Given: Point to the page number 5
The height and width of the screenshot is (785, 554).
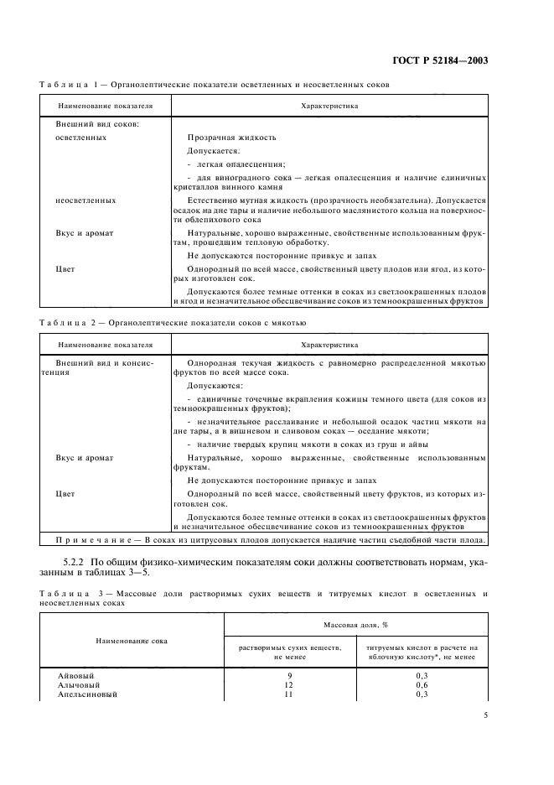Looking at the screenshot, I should pyautogui.click(x=484, y=715).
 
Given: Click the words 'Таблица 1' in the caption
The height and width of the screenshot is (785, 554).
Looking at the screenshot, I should pyautogui.click(x=69, y=85).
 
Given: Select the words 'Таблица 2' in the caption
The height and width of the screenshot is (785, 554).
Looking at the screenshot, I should pyautogui.click(x=69, y=322).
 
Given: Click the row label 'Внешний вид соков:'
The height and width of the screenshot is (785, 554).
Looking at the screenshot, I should pyautogui.click(x=91, y=124).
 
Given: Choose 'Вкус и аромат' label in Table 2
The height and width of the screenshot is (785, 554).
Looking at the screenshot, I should pyautogui.click(x=85, y=458).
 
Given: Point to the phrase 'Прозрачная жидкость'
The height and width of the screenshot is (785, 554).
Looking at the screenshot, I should pyautogui.click(x=231, y=138).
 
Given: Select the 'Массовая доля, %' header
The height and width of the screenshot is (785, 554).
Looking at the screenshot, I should pyautogui.click(x=355, y=626).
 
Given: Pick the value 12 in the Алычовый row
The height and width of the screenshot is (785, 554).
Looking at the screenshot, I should pyautogui.click(x=290, y=684).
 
